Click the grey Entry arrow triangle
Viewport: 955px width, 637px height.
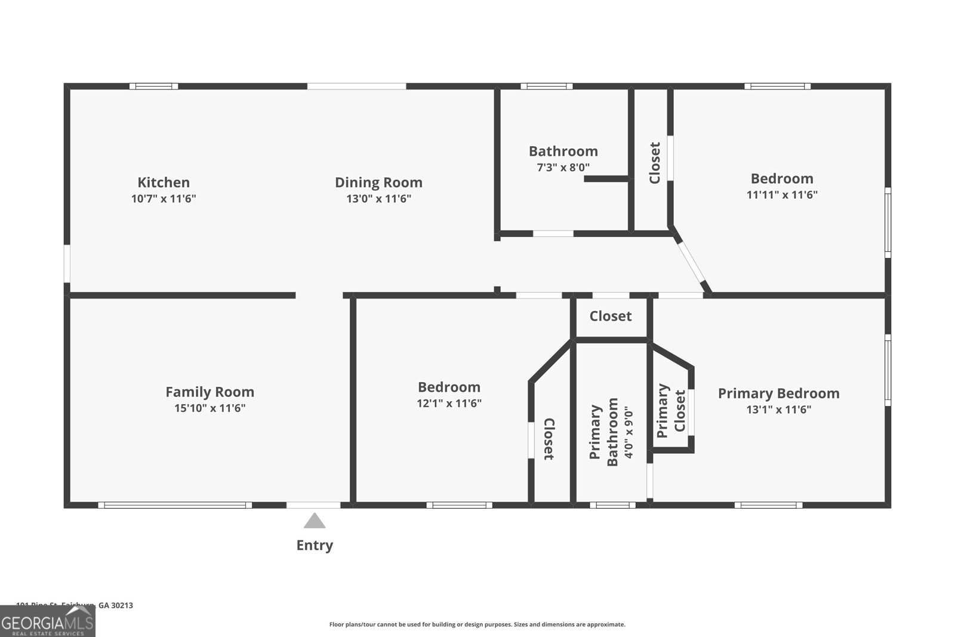pos(315,521)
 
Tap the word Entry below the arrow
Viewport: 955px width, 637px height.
pos(315,545)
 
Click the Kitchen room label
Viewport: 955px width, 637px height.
pos(164,183)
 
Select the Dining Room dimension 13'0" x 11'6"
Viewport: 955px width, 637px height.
pos(378,199)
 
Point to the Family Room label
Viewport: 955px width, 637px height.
pos(210,392)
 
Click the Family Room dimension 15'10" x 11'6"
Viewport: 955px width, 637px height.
pos(210,408)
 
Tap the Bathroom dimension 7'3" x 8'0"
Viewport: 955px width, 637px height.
pos(563,168)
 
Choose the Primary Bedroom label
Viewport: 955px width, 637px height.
pos(778,393)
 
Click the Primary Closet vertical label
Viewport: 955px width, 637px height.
pos(671,411)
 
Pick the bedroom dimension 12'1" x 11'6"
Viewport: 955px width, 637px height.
pos(449,404)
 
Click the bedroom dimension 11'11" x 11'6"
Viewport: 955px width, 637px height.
pos(782,195)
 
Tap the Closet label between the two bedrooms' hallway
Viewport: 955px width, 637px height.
pos(610,316)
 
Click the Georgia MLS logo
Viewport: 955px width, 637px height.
pos(47,621)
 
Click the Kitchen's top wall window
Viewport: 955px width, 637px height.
pos(153,86)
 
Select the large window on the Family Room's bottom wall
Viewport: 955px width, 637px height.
pos(175,505)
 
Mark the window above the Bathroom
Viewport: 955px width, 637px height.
pos(546,86)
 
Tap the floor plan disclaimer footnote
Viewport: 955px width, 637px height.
pos(477,624)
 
